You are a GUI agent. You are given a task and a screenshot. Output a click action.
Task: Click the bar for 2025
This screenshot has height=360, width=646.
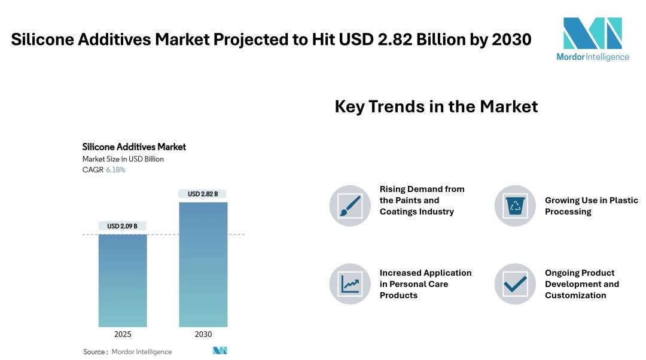pos(123,280)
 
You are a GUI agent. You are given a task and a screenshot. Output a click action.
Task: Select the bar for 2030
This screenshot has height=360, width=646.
pos(203,264)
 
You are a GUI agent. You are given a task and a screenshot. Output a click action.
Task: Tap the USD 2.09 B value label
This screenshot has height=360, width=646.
pos(123,226)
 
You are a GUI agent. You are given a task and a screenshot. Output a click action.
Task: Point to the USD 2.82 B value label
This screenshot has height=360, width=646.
pos(203,194)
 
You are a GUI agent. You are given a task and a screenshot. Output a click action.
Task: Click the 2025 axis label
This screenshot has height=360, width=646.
pos(123,334)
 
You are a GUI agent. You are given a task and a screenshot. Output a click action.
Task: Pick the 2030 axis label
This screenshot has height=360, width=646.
pos(203,334)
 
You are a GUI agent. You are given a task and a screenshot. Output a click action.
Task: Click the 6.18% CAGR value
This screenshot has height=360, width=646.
pos(116,170)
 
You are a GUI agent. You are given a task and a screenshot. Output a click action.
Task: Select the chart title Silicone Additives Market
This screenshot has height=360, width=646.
pos(134,147)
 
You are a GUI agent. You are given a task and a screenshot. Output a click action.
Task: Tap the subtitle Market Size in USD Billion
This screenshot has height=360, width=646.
pos(123,159)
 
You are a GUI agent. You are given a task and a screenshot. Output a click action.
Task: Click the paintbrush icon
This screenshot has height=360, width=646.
pos(350,206)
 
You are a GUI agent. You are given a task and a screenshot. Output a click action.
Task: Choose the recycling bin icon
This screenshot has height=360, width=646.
pos(515,206)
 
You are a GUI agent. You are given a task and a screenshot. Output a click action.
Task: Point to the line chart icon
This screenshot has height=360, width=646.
pos(350,284)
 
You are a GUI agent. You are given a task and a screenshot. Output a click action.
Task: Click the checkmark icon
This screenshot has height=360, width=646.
pos(515,284)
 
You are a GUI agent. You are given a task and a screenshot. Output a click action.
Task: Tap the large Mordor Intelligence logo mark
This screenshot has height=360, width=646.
pos(592,33)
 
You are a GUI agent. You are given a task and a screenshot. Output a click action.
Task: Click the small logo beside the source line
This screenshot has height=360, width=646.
pos(220,350)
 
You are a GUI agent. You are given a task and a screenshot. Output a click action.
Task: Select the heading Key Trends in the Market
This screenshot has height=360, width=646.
pos(436,106)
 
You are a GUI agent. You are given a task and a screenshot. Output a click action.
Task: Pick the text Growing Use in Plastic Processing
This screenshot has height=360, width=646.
pos(591,206)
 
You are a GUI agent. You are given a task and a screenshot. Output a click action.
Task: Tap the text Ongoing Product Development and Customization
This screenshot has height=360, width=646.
pos(582,284)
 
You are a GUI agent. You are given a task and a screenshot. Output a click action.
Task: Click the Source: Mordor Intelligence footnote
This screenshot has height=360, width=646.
pos(127,352)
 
